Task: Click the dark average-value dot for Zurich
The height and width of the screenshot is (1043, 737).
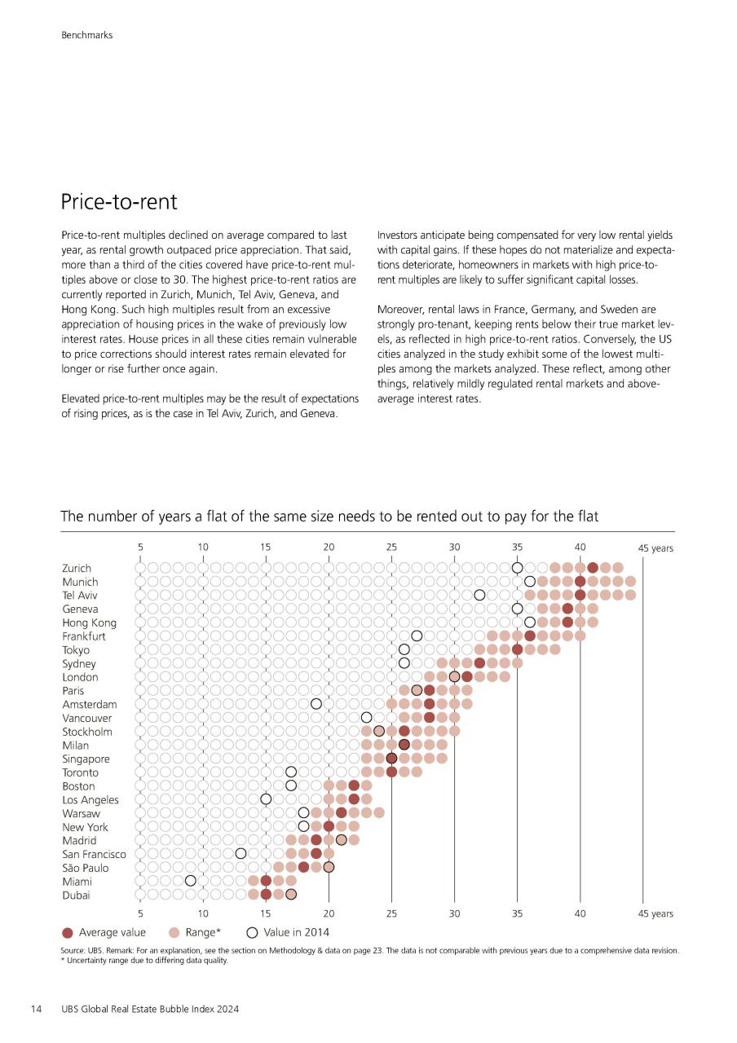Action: click(593, 568)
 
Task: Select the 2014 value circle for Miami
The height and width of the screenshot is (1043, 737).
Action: click(190, 881)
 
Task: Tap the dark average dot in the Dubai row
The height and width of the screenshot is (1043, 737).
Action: click(266, 894)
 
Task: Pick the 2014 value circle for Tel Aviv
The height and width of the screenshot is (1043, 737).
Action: click(479, 595)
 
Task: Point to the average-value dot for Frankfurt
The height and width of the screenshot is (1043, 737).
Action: click(530, 636)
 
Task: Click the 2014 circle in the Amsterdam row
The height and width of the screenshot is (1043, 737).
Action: click(316, 703)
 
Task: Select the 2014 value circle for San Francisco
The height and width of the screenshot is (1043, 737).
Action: click(241, 853)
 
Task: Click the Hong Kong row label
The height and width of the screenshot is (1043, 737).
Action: click(89, 623)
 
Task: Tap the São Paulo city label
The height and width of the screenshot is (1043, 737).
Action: click(86, 868)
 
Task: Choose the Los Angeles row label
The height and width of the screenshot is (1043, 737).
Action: click(90, 800)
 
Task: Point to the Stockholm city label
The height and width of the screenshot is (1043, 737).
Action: click(87, 732)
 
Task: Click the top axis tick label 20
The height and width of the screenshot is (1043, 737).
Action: click(329, 547)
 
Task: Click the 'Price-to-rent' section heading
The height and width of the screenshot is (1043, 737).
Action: click(119, 201)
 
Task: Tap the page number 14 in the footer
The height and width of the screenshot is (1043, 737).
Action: click(36, 1009)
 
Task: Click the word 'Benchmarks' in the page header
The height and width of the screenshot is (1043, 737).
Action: click(86, 35)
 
